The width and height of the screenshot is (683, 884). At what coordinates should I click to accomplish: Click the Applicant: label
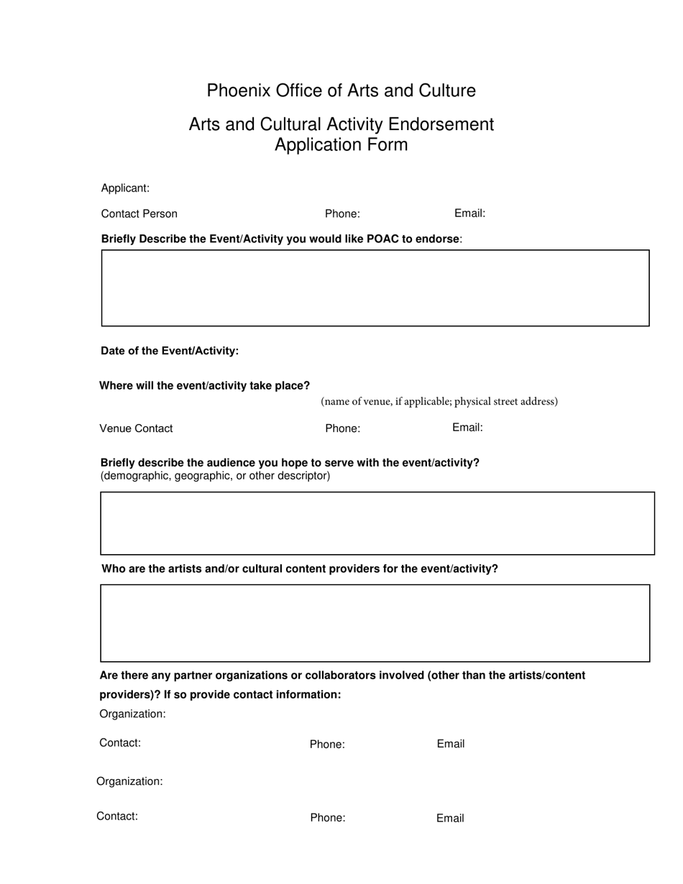pyautogui.click(x=125, y=188)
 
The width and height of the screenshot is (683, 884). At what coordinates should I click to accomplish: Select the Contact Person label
pyautogui.click(x=139, y=214)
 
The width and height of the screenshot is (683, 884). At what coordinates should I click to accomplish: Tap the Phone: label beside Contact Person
pyautogui.click(x=342, y=214)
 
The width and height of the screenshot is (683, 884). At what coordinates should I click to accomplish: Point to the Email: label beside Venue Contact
pyautogui.click(x=467, y=428)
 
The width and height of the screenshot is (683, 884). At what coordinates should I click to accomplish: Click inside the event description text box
pyautogui.click(x=375, y=288)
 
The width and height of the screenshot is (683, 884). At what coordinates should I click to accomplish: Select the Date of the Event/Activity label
pyautogui.click(x=170, y=351)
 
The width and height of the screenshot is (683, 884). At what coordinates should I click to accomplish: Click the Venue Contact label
pyautogui.click(x=136, y=429)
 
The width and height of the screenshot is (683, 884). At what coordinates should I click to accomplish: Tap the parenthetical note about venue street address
pyautogui.click(x=439, y=401)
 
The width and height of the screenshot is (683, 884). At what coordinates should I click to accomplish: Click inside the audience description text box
pyautogui.click(x=377, y=523)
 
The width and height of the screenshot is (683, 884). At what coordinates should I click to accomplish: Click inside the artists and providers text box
pyautogui.click(x=375, y=623)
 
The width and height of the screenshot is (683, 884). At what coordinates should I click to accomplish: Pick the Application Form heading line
pyautogui.click(x=341, y=145)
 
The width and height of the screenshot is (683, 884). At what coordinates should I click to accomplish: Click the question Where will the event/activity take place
pyautogui.click(x=204, y=386)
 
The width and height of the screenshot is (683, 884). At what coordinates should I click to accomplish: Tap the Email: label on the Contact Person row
pyautogui.click(x=469, y=213)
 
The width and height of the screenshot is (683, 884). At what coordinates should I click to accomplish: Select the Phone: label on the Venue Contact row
pyautogui.click(x=342, y=429)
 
